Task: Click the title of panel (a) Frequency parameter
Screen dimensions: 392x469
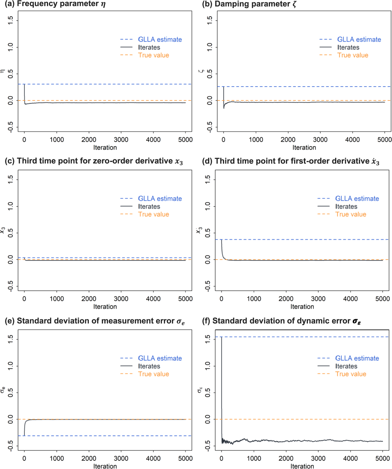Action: pos(55,4)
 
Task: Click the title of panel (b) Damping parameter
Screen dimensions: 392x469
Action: pos(249,4)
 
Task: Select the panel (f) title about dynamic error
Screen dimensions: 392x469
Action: pos(282,321)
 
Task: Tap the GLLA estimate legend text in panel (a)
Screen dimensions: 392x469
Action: pos(160,39)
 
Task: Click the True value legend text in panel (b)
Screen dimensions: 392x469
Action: pos(353,55)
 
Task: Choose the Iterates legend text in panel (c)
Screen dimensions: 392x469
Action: pos(149,206)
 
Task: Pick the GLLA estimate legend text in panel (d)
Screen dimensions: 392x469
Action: pos(357,198)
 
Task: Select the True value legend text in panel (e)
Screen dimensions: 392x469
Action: pos(154,374)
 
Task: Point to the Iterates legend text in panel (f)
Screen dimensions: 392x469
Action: pos(346,366)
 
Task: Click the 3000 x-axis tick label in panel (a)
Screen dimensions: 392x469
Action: pos(121,140)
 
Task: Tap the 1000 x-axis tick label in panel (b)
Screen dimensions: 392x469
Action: pos(256,140)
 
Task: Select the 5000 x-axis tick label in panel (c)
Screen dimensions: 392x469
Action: pos(185,299)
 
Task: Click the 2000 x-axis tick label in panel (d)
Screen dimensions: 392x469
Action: pos(286,299)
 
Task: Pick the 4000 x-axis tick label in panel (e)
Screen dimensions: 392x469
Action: pos(153,458)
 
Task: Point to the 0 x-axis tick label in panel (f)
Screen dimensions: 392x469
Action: pos(221,458)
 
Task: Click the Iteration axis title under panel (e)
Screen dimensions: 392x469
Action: pos(105,466)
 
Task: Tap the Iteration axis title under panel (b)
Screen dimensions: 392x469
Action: pos(304,147)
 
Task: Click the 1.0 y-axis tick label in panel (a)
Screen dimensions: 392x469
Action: pos(10,47)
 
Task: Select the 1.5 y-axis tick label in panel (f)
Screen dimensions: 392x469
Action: pos(208,339)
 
